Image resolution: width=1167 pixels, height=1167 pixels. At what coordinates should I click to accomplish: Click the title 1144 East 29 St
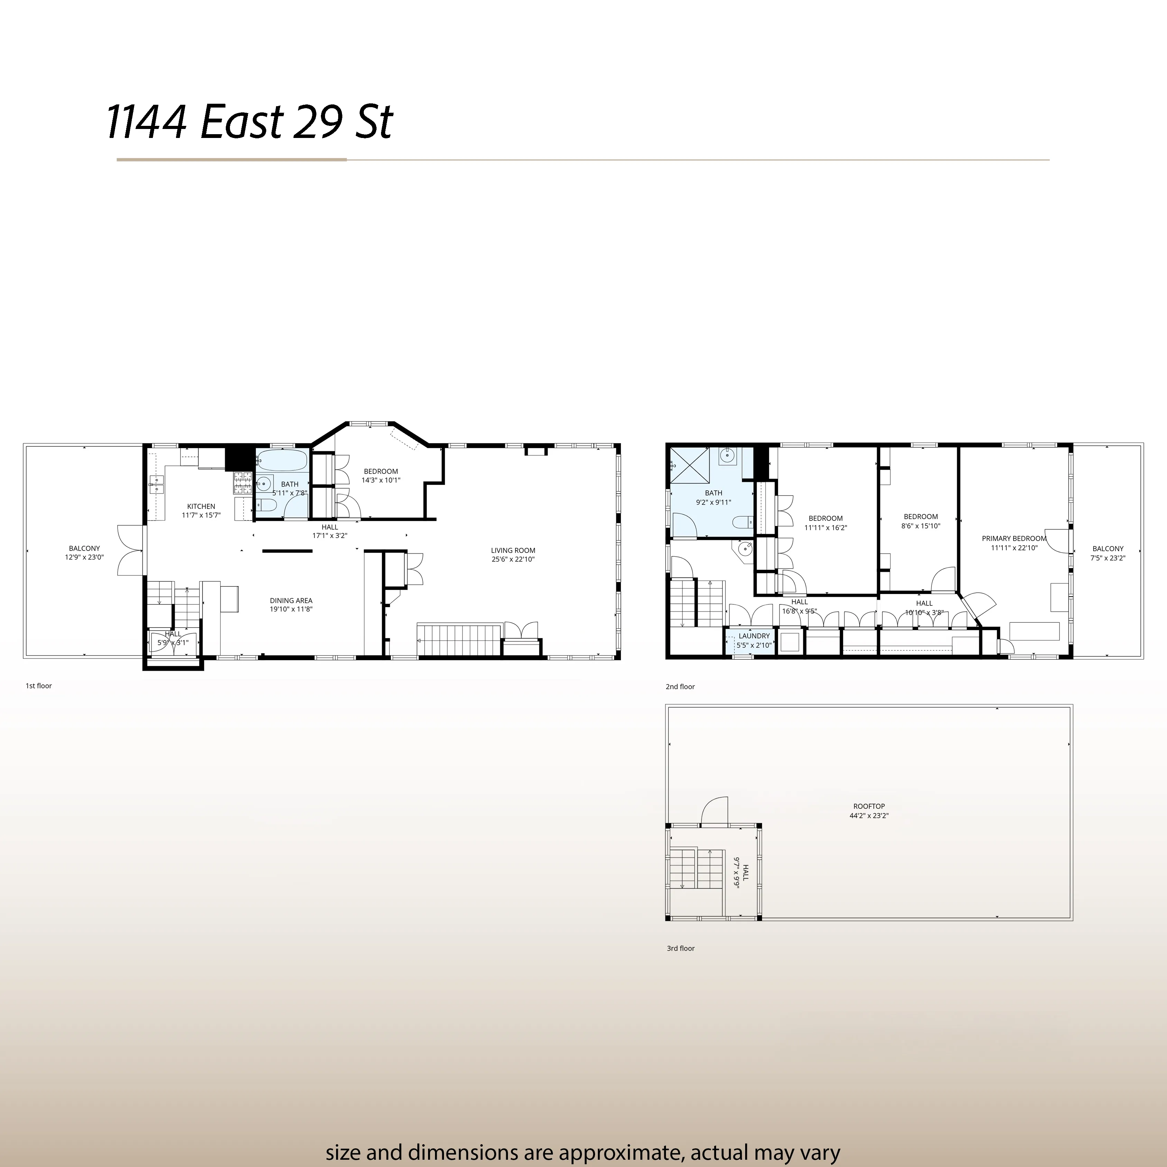[249, 123]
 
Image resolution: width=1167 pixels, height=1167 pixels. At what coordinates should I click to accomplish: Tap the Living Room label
[513, 550]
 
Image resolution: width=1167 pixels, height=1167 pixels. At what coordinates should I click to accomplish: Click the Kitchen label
[201, 506]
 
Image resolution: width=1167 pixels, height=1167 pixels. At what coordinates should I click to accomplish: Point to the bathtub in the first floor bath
[282, 461]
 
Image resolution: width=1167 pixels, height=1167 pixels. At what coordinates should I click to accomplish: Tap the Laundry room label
[754, 636]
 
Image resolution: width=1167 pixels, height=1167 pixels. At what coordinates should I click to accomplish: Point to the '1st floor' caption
[39, 686]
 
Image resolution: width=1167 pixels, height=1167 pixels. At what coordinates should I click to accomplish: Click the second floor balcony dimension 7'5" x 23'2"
[1108, 558]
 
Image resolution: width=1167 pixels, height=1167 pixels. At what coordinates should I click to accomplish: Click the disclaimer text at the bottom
[583, 1136]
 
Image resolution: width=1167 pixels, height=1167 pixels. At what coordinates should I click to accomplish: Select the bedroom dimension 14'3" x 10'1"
[381, 480]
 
